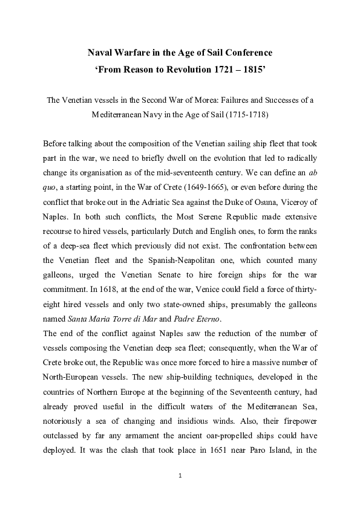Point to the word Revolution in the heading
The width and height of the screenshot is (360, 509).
183,70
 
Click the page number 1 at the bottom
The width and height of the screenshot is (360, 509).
180,476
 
